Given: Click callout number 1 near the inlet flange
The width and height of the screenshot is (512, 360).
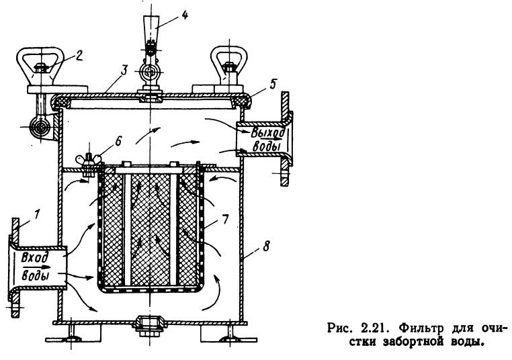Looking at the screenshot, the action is [37, 214].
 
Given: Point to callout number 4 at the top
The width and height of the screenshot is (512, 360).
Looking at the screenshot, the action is [185, 15].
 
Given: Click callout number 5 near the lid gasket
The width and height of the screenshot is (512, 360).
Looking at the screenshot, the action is [272, 84].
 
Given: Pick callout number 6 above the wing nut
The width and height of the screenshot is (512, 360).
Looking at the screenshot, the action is [118, 141].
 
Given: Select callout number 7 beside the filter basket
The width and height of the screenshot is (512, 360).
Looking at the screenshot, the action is [225, 219].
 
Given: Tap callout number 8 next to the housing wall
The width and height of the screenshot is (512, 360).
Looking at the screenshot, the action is [266, 246].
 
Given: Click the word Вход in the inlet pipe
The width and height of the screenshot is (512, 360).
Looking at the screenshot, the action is [35, 258].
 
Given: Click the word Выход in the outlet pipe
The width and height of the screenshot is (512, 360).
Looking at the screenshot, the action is [269, 133].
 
